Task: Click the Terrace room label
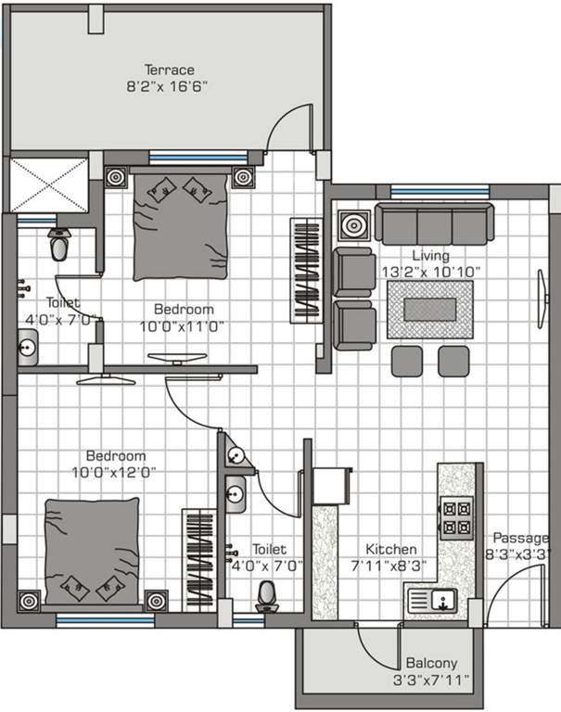(168, 70)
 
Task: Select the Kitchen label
(390, 549)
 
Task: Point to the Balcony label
(431, 664)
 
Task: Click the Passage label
(525, 538)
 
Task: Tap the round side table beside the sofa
(353, 225)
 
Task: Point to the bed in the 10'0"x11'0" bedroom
(179, 225)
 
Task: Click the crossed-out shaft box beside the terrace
(48, 184)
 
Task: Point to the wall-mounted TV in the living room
(542, 297)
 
